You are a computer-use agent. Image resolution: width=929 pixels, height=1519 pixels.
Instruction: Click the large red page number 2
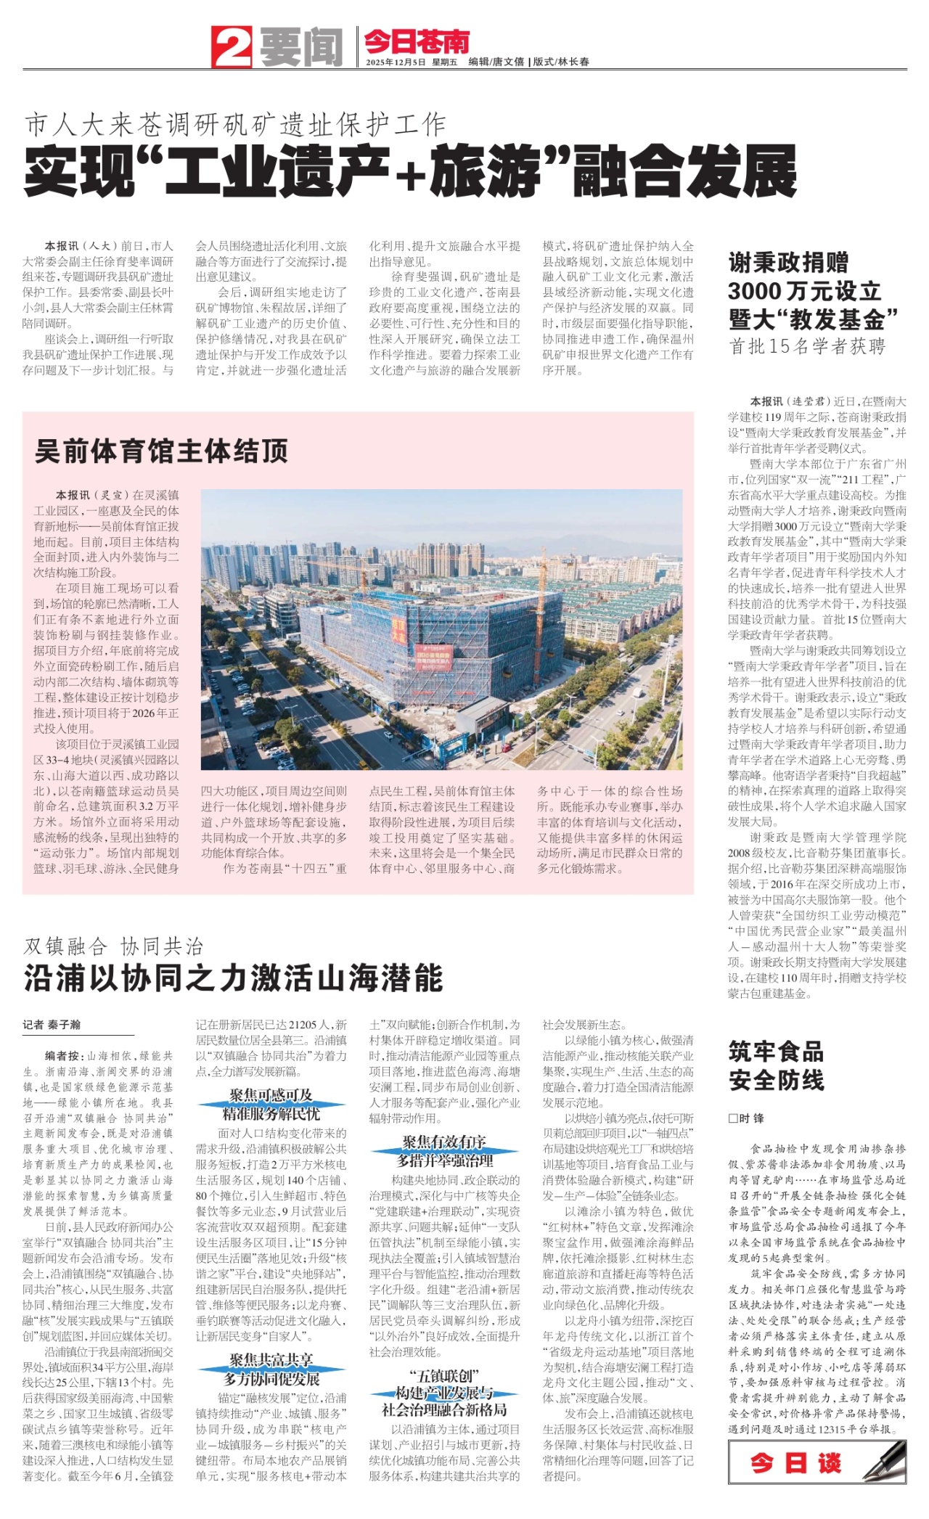(x=231, y=46)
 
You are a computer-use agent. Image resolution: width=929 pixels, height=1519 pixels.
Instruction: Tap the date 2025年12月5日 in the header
(x=396, y=62)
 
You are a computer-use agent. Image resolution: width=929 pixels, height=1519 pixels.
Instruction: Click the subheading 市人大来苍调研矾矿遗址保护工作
(x=236, y=125)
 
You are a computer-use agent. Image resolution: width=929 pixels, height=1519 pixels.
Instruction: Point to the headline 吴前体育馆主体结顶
(x=161, y=451)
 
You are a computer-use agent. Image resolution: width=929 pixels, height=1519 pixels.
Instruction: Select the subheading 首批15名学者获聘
(x=807, y=346)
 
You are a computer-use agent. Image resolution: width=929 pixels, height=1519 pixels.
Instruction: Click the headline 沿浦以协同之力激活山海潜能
(x=234, y=978)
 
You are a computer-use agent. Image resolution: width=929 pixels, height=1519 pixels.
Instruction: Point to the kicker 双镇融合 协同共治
(x=114, y=946)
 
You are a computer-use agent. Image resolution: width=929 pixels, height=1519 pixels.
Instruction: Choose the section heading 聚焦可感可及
(x=271, y=1095)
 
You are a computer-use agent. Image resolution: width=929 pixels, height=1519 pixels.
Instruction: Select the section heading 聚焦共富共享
(x=271, y=1359)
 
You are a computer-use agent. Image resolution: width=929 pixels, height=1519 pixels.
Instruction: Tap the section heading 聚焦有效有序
(x=443, y=1142)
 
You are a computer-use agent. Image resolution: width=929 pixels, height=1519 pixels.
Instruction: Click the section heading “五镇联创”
(x=443, y=1375)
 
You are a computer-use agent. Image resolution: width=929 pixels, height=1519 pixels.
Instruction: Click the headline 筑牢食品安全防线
(x=776, y=1065)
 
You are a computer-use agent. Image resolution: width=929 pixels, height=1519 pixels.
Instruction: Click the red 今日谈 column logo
(x=795, y=1462)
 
